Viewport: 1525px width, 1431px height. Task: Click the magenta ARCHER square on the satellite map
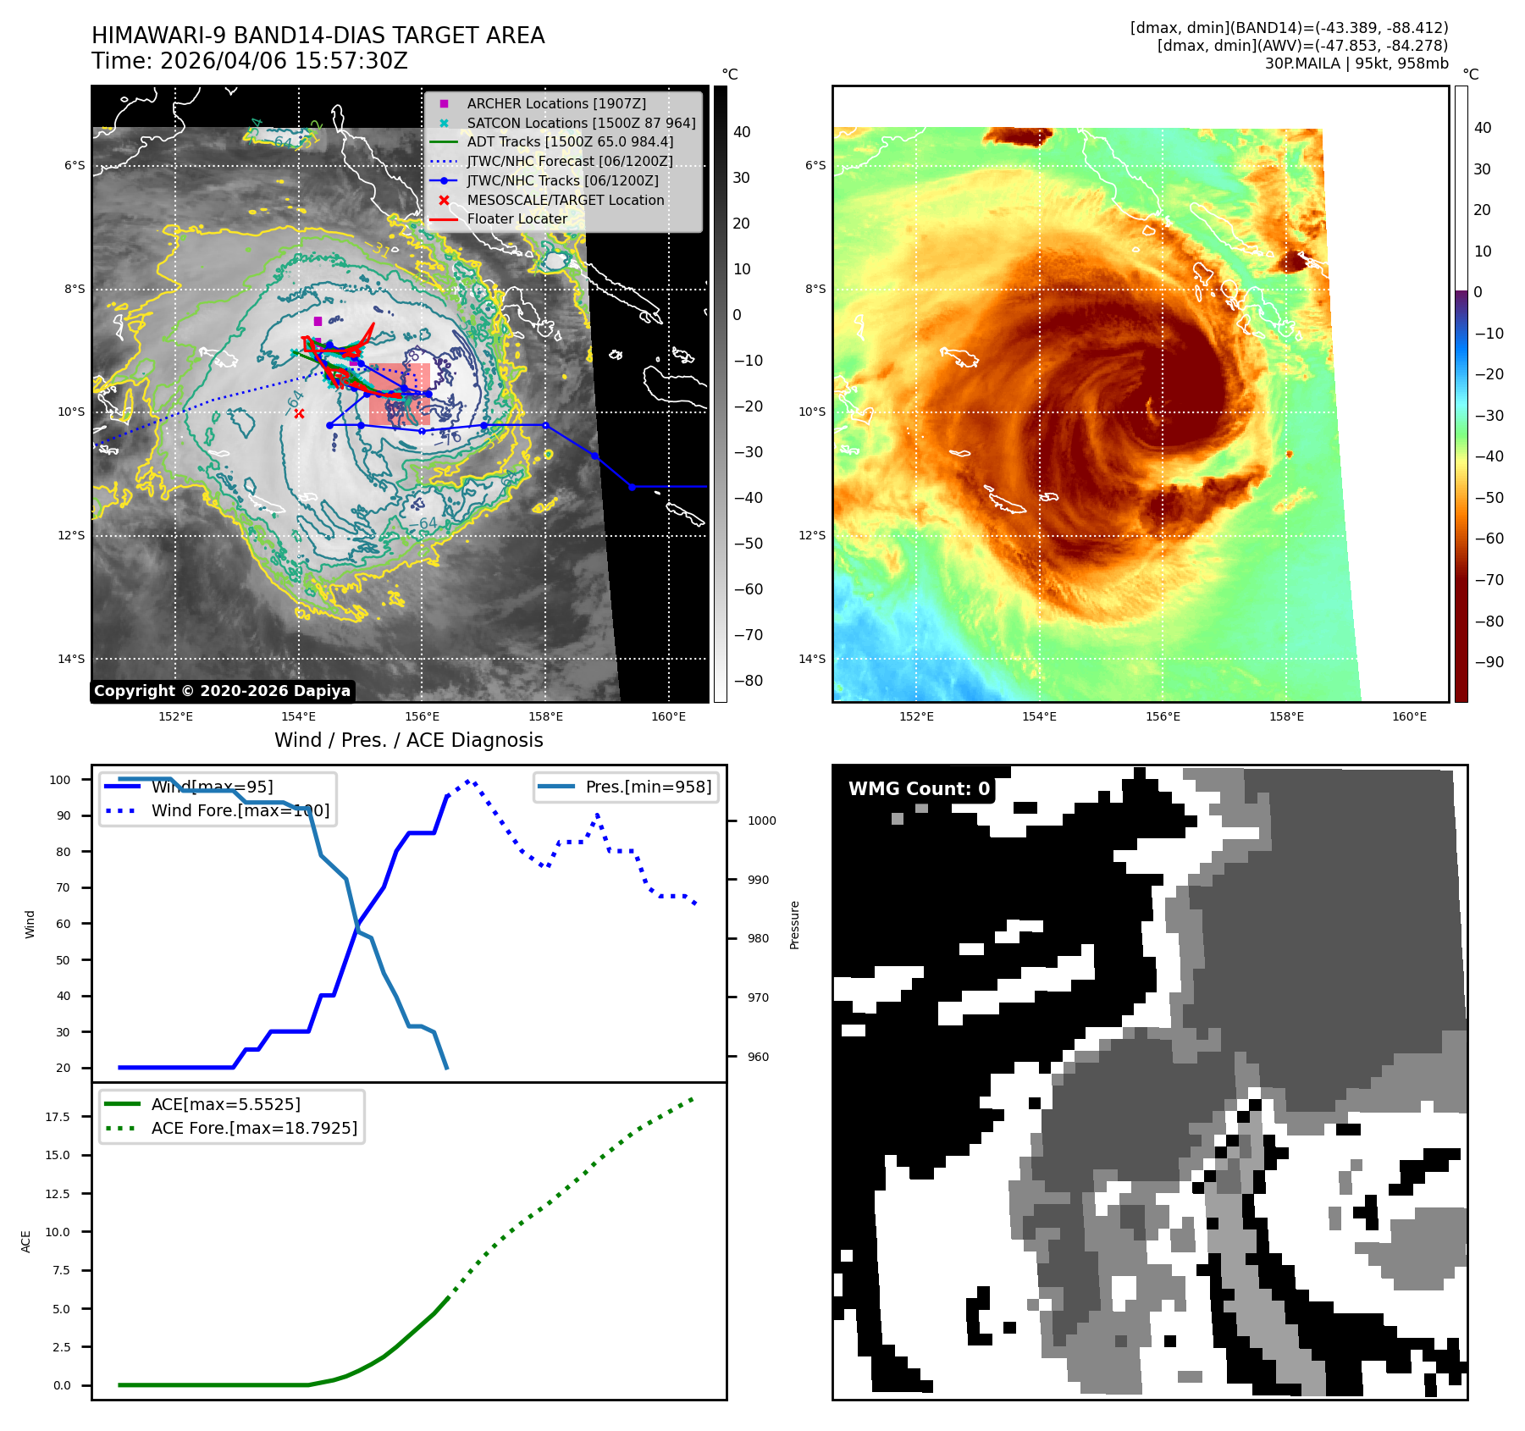(x=318, y=321)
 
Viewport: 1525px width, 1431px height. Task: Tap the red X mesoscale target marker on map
(x=299, y=413)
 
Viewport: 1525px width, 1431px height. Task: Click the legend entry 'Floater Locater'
(x=517, y=219)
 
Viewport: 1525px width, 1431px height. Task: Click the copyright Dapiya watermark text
(x=222, y=691)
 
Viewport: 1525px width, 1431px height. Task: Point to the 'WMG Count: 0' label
(x=919, y=789)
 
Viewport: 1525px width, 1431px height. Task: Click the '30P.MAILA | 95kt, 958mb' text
(x=1356, y=64)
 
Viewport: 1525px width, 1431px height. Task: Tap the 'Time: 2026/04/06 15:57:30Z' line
(x=250, y=62)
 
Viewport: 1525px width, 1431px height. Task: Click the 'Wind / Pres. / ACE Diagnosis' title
(x=408, y=740)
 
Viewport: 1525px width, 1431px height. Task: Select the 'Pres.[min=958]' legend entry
(x=648, y=787)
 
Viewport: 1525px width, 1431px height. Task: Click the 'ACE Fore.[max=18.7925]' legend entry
(x=254, y=1128)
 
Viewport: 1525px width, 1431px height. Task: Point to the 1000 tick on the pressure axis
(x=761, y=820)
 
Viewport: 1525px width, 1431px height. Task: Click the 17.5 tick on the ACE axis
(x=58, y=1117)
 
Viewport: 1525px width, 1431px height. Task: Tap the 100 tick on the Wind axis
(x=60, y=780)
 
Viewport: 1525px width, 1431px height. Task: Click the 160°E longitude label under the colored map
(x=1409, y=716)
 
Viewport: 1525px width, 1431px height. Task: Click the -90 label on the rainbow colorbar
(x=1489, y=662)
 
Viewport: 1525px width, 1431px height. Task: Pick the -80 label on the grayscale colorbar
(x=748, y=681)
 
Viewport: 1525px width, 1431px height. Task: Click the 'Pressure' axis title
(x=794, y=925)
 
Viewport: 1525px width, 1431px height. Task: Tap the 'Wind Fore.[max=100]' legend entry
(x=240, y=810)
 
